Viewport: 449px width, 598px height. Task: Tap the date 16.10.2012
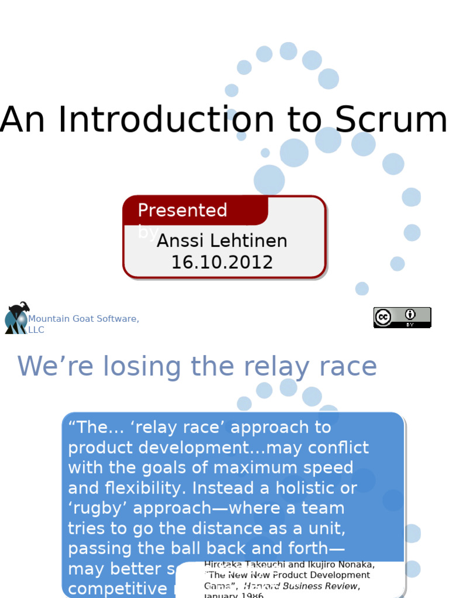[222, 262]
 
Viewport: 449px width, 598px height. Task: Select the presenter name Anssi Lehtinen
[222, 241]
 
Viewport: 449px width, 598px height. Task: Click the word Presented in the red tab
[182, 210]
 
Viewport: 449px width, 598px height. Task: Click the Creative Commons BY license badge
[402, 317]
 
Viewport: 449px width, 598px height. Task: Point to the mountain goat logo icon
[16, 318]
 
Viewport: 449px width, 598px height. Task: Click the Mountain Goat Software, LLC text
[83, 324]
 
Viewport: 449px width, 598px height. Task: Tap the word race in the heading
[345, 367]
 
